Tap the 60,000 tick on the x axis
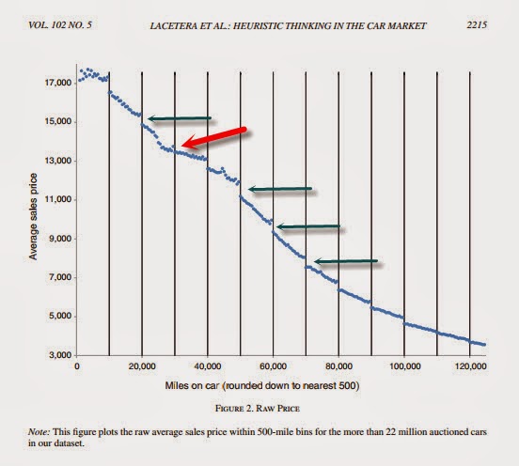click(273, 366)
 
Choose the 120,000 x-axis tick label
click(470, 366)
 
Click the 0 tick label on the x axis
click(76, 366)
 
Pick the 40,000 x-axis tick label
click(207, 366)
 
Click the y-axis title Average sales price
click(34, 218)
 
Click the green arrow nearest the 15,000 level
click(180, 118)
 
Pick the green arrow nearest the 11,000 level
click(279, 190)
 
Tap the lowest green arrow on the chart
click(346, 261)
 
